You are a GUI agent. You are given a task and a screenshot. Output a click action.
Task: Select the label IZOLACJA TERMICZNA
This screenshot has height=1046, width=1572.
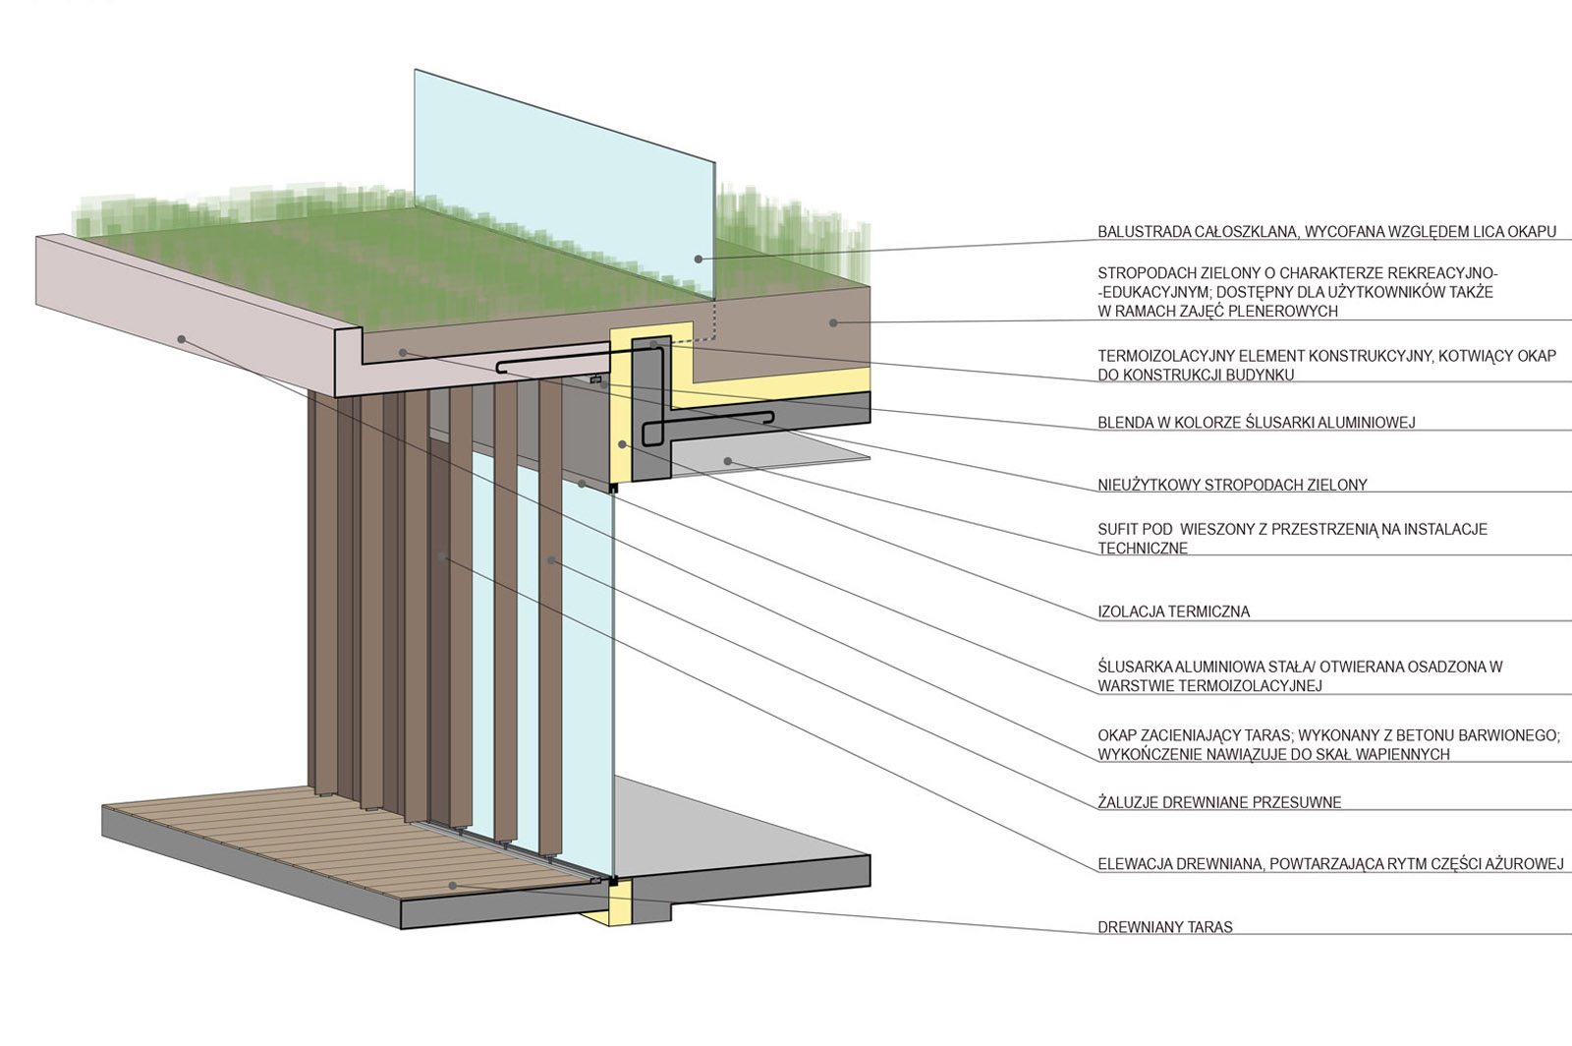[1174, 611]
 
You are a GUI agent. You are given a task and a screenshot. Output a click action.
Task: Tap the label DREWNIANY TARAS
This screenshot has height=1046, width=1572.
[1165, 927]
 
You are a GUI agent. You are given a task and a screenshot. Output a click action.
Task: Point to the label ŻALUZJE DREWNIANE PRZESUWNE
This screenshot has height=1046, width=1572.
[1219, 802]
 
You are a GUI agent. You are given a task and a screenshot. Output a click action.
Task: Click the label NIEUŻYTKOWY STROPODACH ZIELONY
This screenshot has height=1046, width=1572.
[1232, 485]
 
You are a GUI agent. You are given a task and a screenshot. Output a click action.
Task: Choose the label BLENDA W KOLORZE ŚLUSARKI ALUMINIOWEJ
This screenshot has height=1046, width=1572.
[1257, 422]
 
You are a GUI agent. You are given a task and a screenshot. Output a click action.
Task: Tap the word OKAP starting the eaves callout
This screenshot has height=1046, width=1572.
[1117, 735]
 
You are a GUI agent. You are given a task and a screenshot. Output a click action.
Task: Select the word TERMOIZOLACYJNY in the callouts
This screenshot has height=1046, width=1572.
[1168, 356]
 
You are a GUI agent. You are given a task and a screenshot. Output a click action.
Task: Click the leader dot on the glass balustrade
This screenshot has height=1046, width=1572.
[699, 260]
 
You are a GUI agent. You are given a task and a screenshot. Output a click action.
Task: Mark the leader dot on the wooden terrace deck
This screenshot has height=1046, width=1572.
[453, 886]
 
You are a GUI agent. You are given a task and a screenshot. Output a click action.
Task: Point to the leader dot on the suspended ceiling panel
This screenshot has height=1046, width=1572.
[728, 461]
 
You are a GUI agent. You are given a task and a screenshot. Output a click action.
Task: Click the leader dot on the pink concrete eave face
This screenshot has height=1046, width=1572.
[181, 339]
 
